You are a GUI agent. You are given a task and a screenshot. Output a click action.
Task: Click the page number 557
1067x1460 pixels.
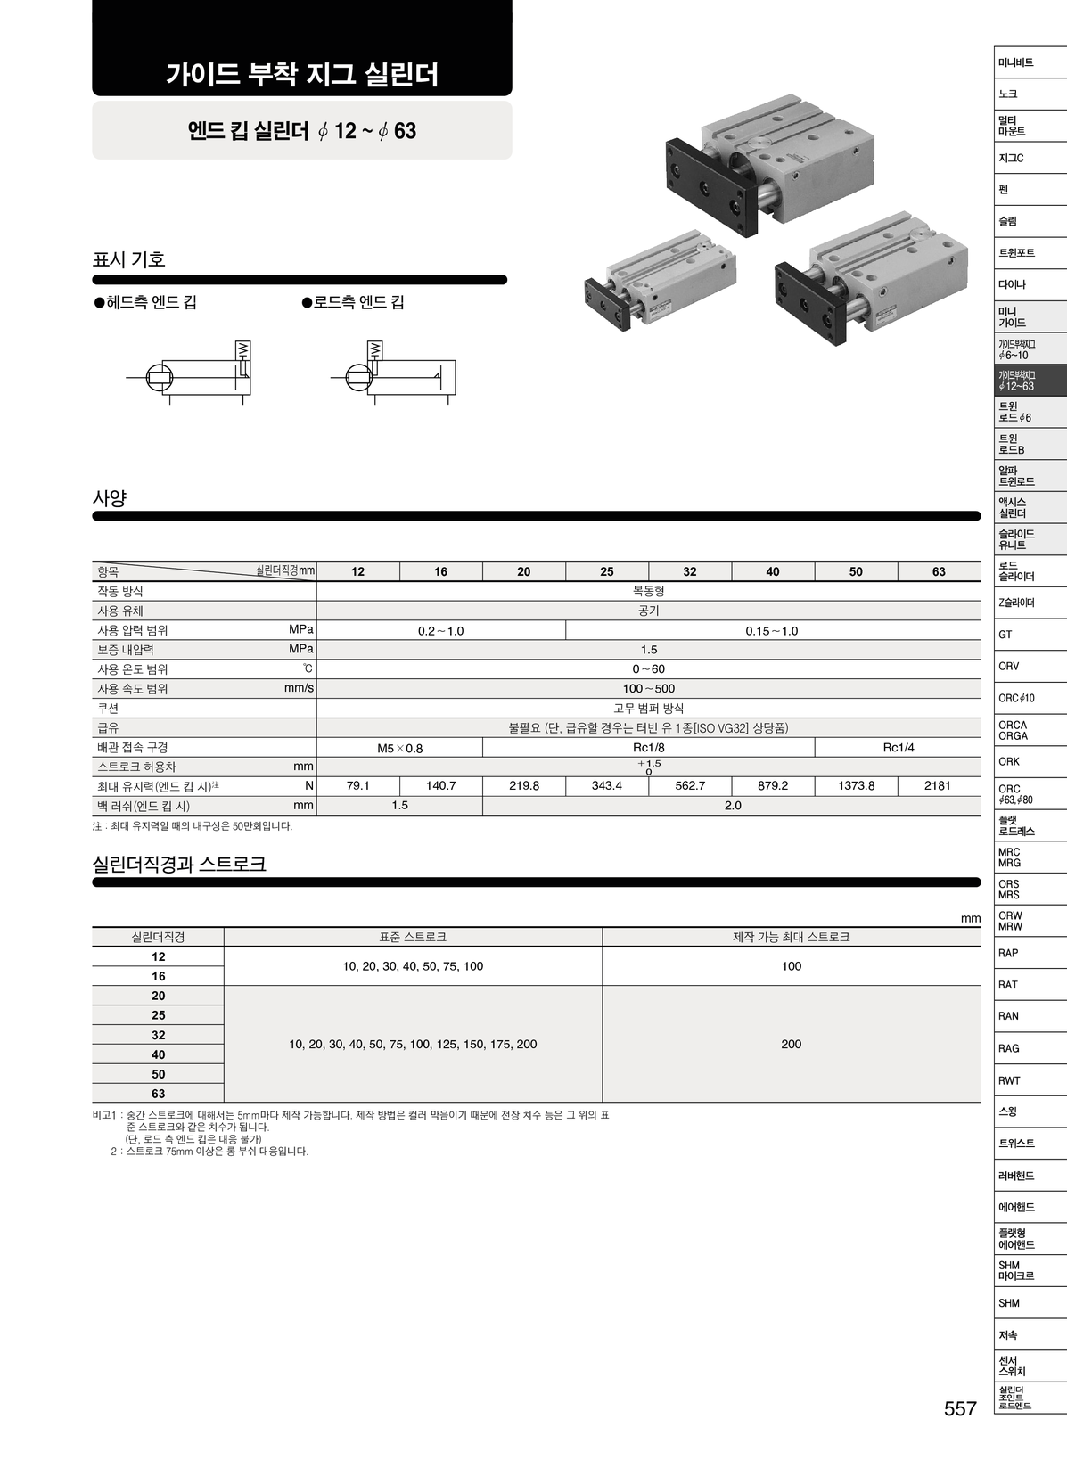coord(960,1409)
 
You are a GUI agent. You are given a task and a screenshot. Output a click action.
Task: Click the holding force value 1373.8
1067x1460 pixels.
coord(856,785)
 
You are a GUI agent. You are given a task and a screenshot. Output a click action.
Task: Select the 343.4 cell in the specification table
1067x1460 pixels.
coord(606,785)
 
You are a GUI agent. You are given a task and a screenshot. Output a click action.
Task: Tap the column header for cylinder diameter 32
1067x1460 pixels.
coord(690,571)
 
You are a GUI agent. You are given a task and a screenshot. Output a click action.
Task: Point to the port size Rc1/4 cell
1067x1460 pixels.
coord(898,747)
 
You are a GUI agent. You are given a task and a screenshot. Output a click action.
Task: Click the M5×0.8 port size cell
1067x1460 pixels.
coord(399,748)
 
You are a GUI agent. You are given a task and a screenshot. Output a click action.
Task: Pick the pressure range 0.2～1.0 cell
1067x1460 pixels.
coord(440,630)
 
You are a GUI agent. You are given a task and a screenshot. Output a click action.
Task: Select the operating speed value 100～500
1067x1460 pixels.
coord(648,688)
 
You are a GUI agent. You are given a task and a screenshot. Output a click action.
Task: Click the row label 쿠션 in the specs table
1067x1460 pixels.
coord(108,708)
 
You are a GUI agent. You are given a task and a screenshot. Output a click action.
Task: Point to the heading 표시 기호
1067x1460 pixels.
coord(129,259)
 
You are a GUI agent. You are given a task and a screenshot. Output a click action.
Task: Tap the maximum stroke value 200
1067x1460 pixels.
coord(791,1044)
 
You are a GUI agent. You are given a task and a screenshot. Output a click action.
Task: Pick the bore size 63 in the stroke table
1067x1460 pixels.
coord(158,1094)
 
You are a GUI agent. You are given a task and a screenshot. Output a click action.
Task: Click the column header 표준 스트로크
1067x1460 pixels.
coord(413,937)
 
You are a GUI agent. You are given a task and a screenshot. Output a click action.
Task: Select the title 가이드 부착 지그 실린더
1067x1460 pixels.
coord(302,74)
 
